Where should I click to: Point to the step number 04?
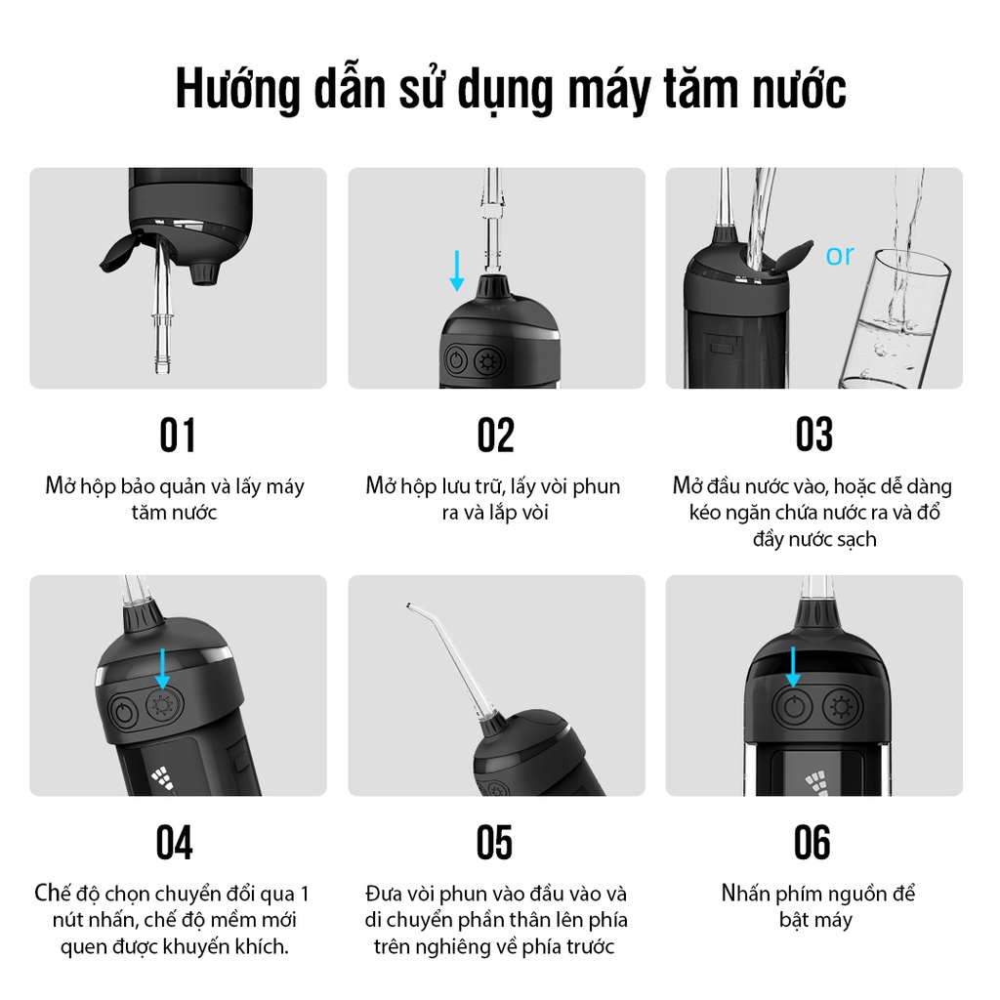[x=174, y=843]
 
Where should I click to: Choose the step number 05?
[x=494, y=843]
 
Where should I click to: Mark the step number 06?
[x=812, y=843]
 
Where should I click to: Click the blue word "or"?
[x=839, y=255]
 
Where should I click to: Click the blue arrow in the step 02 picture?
[x=457, y=271]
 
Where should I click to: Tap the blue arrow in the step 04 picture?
[x=163, y=669]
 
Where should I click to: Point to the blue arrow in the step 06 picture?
[x=793, y=666]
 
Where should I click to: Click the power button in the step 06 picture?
[x=792, y=708]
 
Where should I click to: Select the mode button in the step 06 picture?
[x=842, y=707]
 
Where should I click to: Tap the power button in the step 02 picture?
[x=456, y=361]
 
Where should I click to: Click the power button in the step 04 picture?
[x=124, y=712]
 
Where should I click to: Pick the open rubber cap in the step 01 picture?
[x=120, y=252]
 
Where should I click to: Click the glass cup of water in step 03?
[x=895, y=319]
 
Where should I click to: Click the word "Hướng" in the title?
[x=237, y=89]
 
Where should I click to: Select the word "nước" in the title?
[x=799, y=89]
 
